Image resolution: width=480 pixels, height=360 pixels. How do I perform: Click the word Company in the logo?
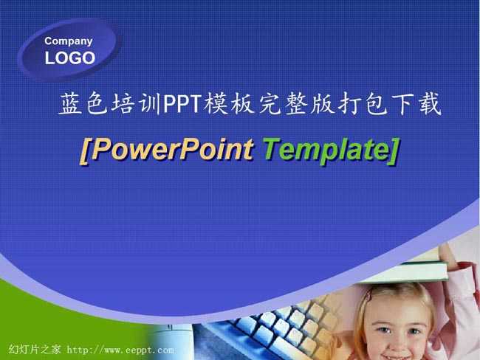point(68,41)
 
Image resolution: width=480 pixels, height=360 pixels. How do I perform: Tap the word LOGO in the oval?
point(70,58)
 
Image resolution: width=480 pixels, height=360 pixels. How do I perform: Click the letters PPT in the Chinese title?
point(182,104)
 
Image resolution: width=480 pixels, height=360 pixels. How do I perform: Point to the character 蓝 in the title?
point(71,104)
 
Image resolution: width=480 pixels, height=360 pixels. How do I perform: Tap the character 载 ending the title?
point(430,104)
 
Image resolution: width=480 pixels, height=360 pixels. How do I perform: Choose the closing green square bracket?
point(394,151)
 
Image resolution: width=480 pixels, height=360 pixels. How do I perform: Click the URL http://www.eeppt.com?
point(120,350)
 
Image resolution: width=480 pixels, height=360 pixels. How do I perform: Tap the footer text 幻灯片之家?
point(35,349)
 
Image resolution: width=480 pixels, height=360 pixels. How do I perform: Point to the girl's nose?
point(397,340)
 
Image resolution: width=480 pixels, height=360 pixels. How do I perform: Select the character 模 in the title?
point(216,104)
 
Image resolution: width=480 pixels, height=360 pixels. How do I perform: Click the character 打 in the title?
point(350,104)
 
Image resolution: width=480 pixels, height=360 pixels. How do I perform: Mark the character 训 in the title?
point(150,104)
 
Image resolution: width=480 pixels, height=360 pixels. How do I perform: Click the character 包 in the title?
point(377,104)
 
